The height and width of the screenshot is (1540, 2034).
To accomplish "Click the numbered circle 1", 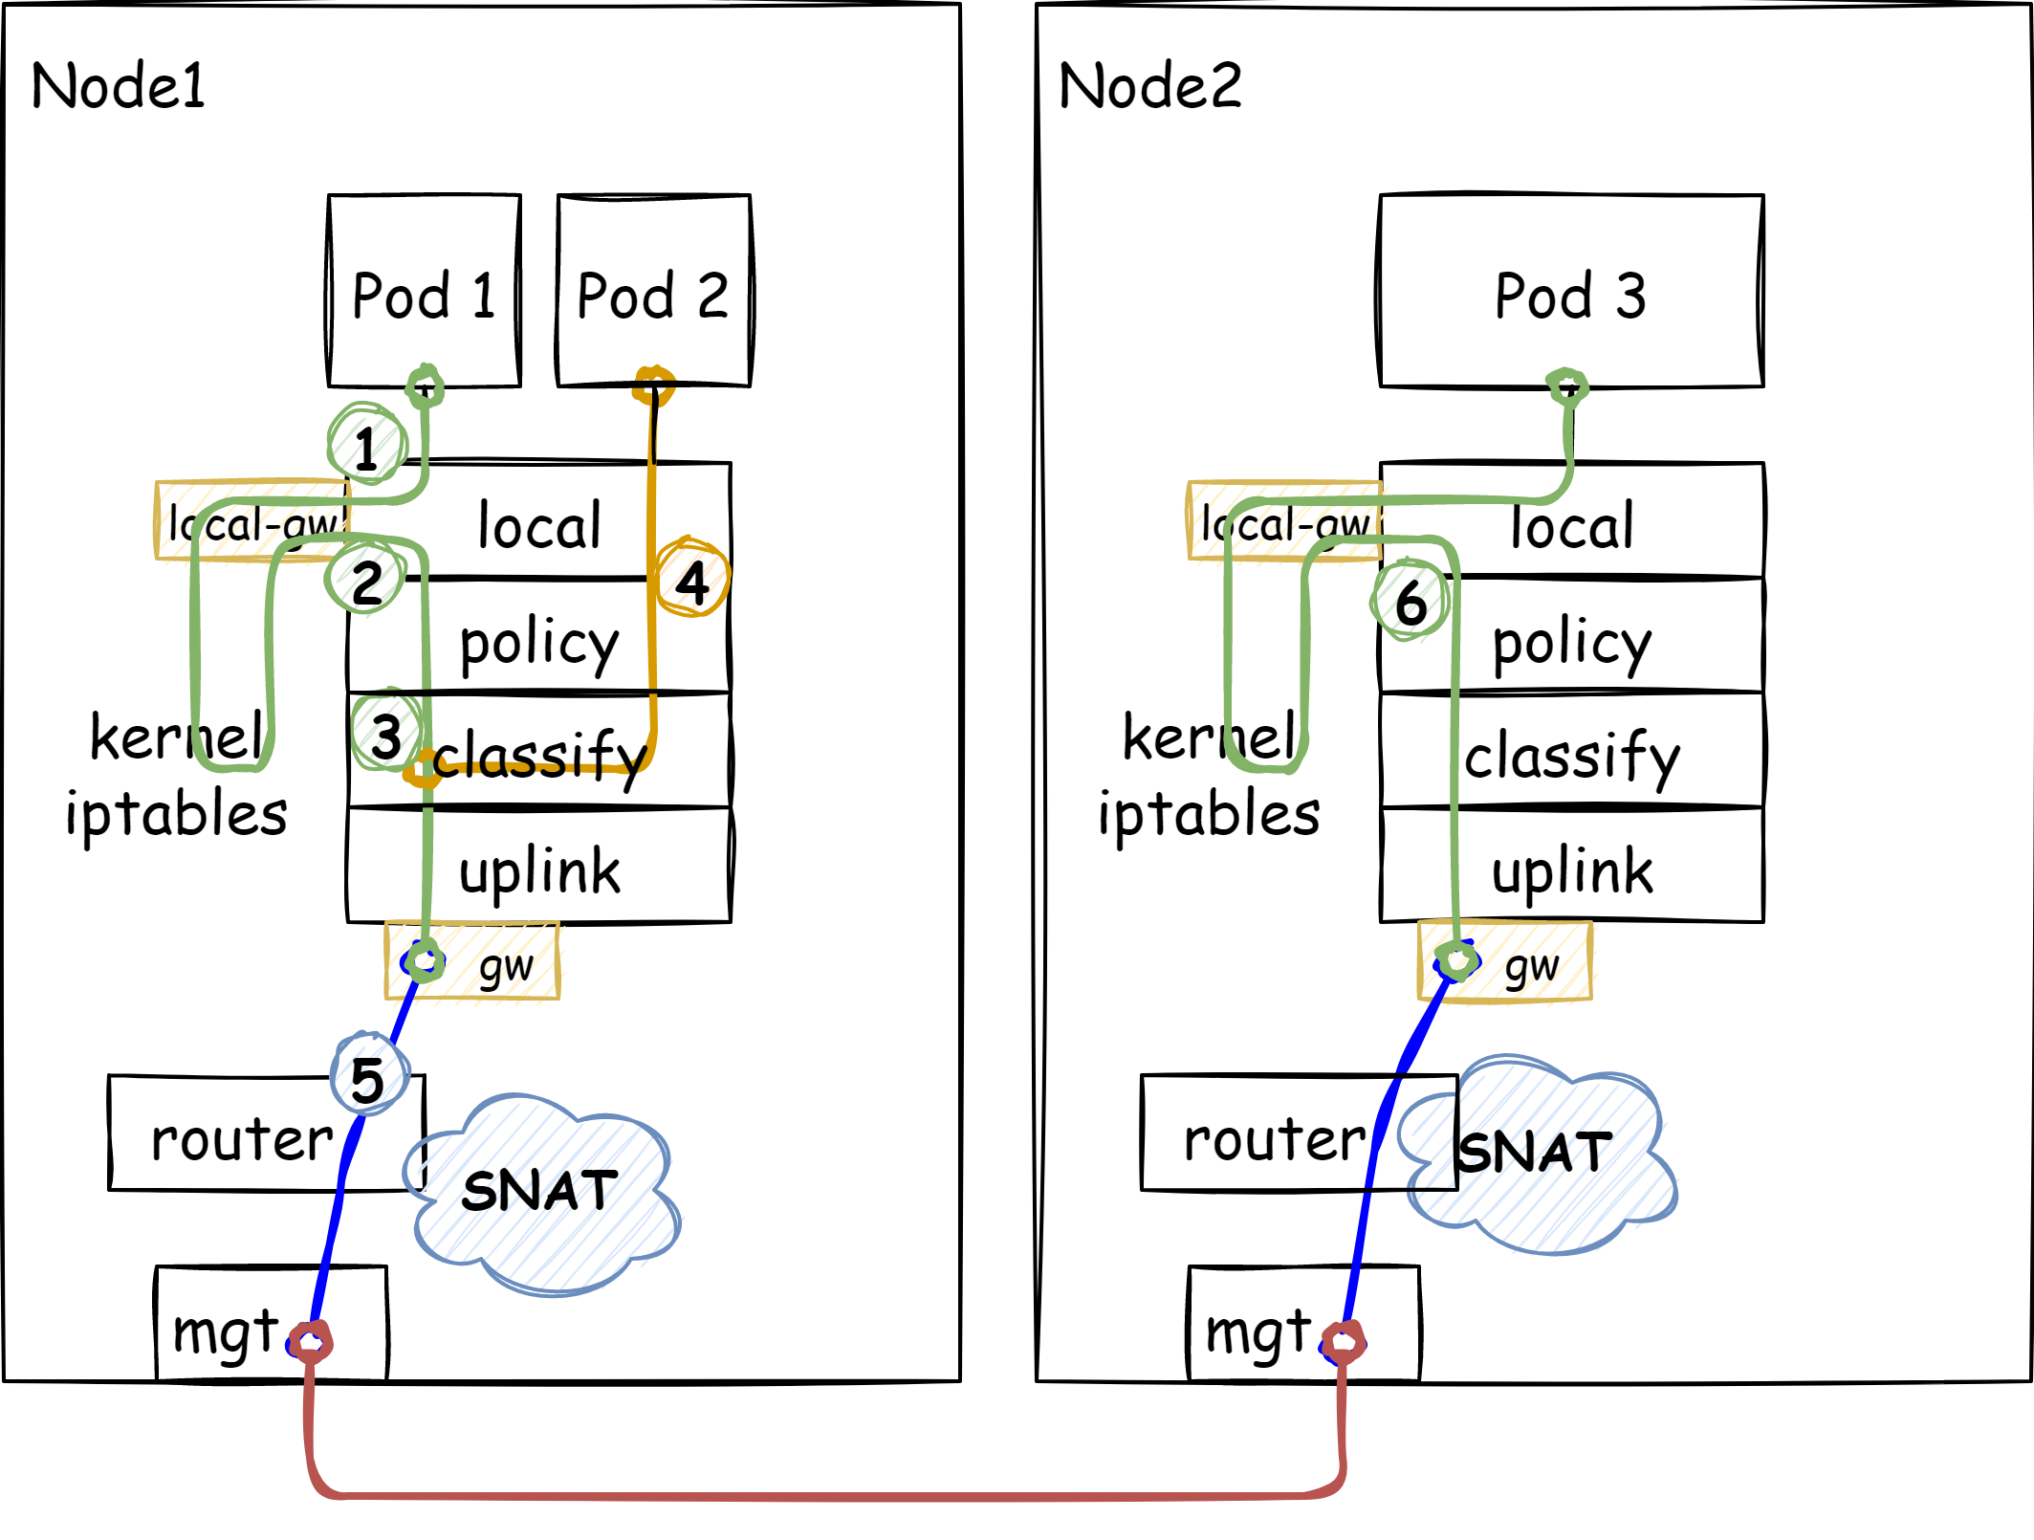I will pos(367,445).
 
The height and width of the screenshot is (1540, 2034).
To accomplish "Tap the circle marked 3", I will pos(386,734).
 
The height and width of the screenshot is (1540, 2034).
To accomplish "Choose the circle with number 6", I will pos(1410,601).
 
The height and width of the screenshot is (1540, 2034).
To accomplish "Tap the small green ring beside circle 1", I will pos(425,387).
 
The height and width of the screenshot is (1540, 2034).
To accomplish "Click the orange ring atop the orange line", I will pos(654,386).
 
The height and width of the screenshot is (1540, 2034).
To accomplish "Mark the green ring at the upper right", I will pos(1566,387).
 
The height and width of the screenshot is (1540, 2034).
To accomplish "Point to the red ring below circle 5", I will pos(311,1342).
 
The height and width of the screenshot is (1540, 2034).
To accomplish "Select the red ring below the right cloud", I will pos(1344,1342).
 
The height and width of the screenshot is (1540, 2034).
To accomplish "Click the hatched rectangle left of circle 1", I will pos(252,519).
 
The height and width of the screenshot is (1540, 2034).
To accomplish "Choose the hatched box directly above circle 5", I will pos(472,960).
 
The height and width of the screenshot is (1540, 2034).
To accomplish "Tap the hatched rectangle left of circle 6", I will pos(1284,519).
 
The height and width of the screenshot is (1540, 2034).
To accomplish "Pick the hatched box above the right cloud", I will pos(1505,960).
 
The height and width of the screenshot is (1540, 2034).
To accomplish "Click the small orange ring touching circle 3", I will pos(422,771).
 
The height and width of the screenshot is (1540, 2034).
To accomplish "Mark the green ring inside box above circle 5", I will pos(425,960).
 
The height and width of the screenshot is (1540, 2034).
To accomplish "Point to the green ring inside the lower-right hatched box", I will pos(1457,960).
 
